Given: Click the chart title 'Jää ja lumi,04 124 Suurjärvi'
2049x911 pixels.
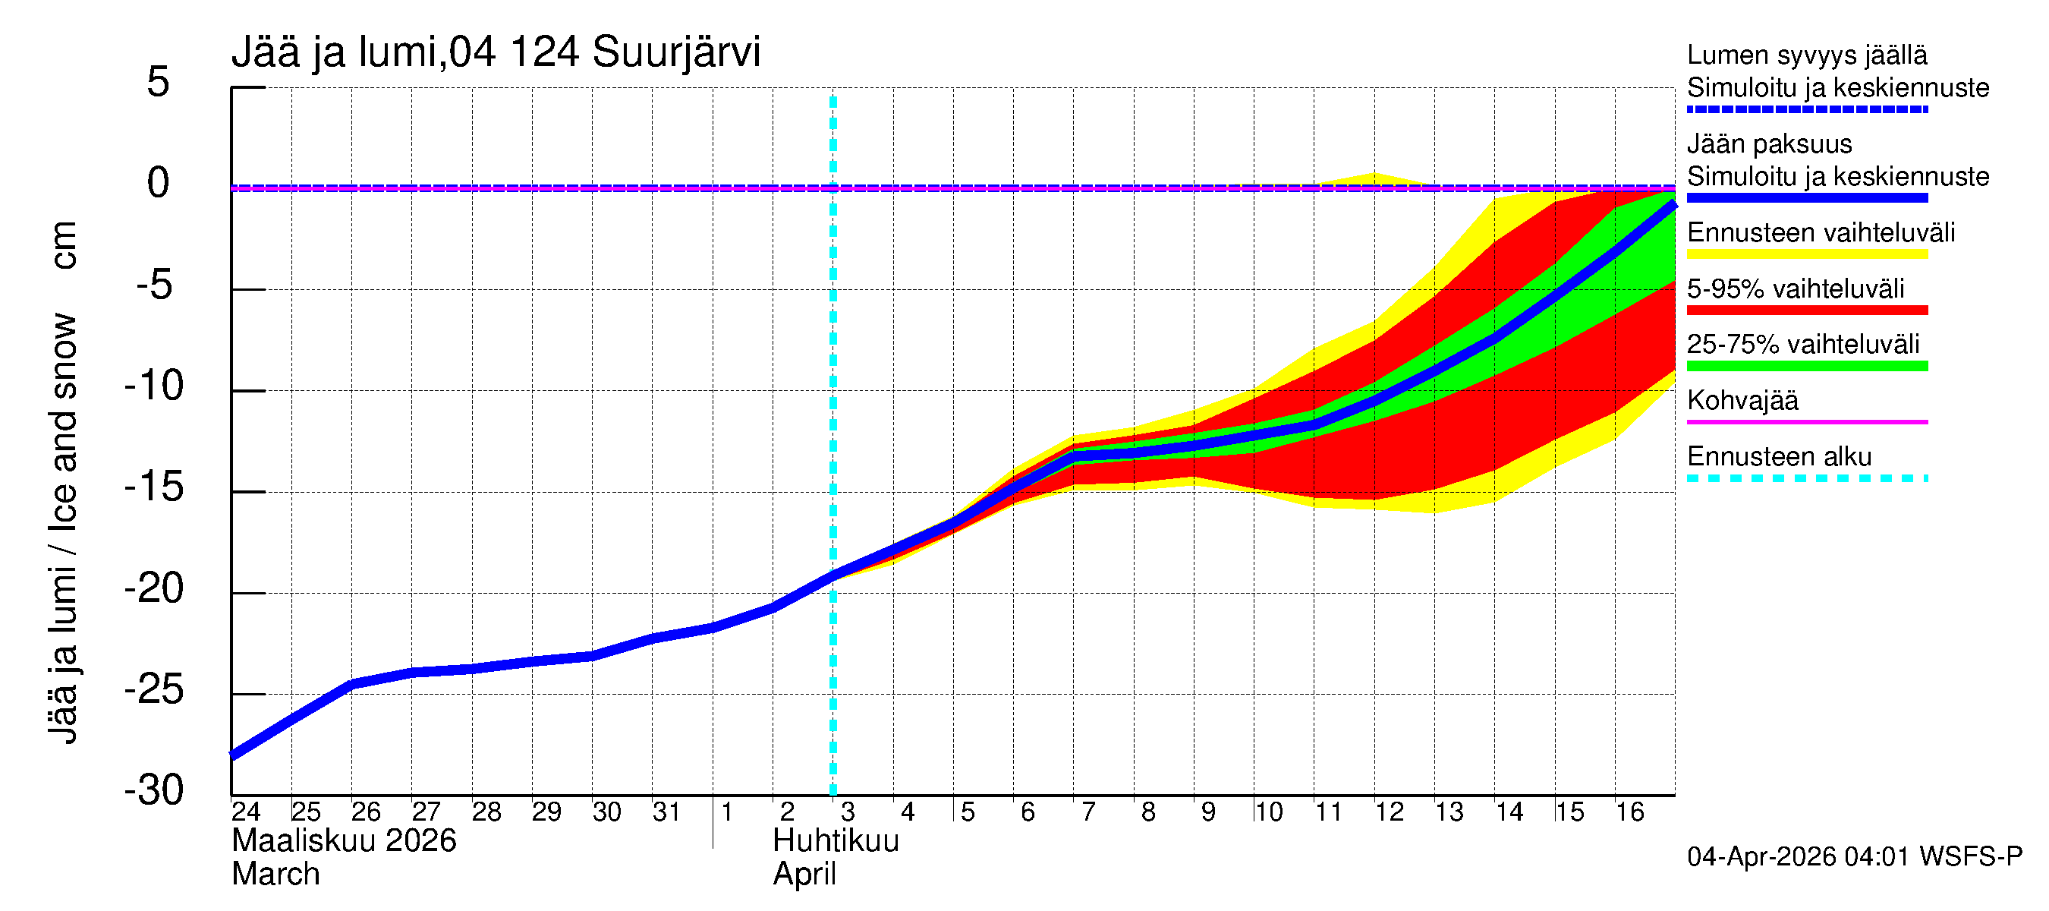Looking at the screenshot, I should click(496, 52).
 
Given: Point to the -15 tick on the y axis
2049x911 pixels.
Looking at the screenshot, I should click(154, 487).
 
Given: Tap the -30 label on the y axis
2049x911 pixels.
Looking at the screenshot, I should click(154, 790).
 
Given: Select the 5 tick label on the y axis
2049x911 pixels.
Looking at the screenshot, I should click(159, 82).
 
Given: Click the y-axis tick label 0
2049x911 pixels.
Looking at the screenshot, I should click(159, 183).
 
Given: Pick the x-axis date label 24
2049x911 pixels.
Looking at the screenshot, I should click(246, 812).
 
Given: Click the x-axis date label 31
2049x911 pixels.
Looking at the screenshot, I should click(666, 812).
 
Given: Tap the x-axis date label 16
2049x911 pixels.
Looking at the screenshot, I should click(1630, 812).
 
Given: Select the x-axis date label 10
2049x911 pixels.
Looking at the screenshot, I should click(1269, 812).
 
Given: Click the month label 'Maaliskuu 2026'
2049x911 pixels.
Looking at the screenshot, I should click(344, 841).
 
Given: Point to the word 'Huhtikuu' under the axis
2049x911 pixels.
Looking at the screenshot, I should click(836, 841).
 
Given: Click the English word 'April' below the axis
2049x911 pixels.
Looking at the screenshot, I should click(804, 875).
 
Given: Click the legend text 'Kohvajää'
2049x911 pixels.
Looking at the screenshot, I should click(1742, 400).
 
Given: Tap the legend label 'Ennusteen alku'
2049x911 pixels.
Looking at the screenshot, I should click(1780, 457).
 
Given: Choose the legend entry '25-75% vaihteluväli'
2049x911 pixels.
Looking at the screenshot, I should click(1803, 345).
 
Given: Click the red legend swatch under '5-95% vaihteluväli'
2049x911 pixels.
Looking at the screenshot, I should click(1807, 310).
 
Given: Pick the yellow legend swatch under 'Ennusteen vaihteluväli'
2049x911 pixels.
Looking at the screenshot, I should click(1807, 254).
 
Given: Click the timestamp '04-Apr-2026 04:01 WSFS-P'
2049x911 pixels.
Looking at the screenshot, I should click(1854, 856).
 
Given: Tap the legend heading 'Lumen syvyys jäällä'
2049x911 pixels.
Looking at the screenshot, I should click(1807, 55).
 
